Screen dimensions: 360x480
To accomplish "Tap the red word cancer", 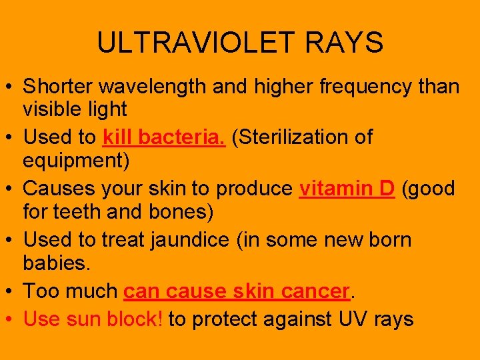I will coord(315,291).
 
